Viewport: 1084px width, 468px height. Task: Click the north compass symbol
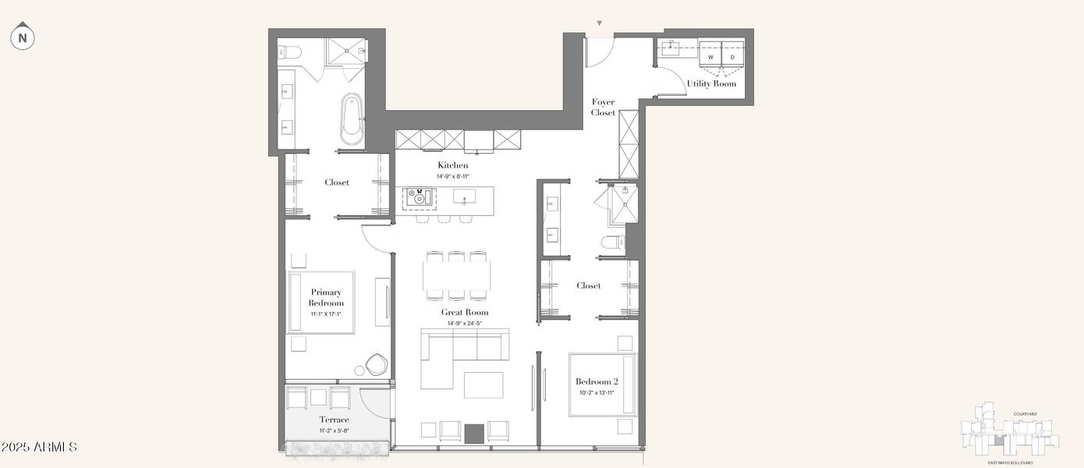coord(23,37)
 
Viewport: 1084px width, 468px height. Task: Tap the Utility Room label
coord(711,83)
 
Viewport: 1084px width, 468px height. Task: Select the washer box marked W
coord(710,57)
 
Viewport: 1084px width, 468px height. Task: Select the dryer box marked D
coord(732,57)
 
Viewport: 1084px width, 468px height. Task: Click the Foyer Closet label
coord(603,108)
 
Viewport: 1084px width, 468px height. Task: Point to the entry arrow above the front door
coord(599,24)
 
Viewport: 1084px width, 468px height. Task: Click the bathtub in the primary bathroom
coord(352,119)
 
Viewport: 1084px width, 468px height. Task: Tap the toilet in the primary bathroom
coord(291,53)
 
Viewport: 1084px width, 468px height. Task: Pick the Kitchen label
coord(452,165)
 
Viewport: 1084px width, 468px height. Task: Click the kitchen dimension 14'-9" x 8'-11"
coord(452,176)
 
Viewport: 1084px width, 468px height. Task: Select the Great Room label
coord(465,312)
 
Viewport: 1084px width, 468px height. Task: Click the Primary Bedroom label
coord(326,297)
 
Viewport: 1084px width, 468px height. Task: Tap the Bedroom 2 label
coord(597,381)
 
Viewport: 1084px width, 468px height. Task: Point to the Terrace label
coord(334,420)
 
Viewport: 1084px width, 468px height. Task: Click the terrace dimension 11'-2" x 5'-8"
coord(334,431)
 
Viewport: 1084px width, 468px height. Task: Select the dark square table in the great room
coord(474,433)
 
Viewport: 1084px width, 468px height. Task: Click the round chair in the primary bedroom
coord(377,364)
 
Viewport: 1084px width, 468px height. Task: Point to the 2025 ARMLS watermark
coord(39,447)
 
